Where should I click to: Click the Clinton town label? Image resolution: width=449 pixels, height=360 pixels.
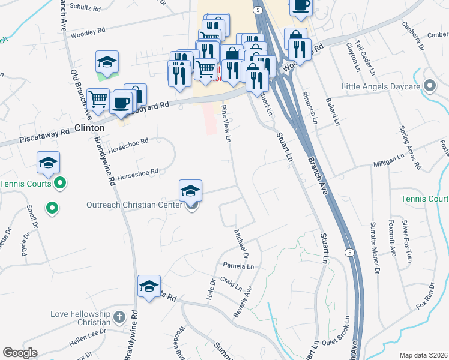pyautogui.click(x=90, y=128)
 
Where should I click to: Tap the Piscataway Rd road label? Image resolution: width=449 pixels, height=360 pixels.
pyautogui.click(x=44, y=137)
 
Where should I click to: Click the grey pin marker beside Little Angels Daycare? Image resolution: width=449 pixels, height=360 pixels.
pyautogui.click(x=430, y=88)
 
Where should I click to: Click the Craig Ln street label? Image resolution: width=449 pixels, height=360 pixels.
pyautogui.click(x=231, y=283)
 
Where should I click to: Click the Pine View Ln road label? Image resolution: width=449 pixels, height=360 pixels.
pyautogui.click(x=226, y=123)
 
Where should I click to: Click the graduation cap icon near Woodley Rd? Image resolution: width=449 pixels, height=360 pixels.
pyautogui.click(x=107, y=62)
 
